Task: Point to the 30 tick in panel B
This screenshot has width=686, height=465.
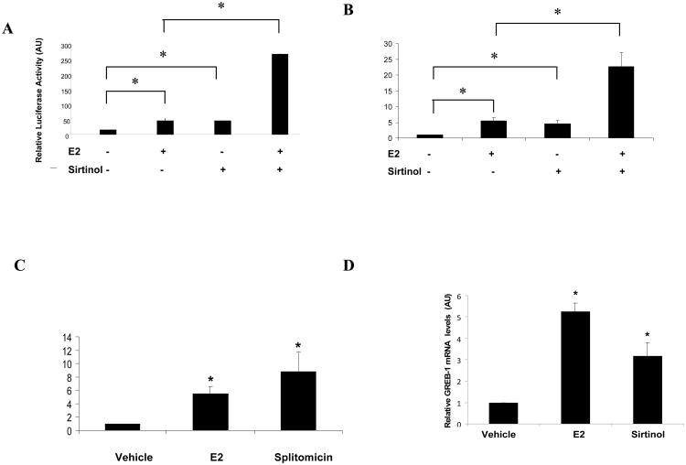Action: pos(388,44)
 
